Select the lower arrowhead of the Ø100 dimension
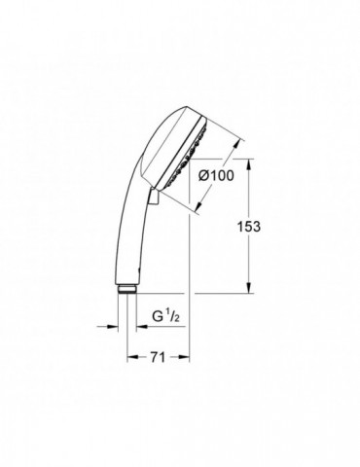pyautogui.click(x=200, y=204)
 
